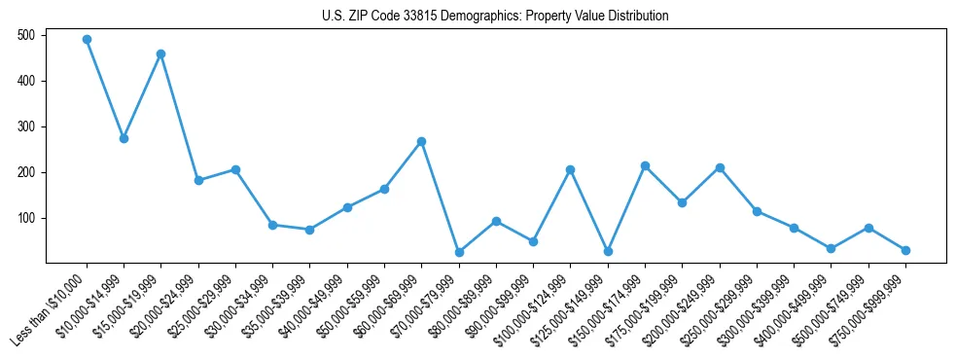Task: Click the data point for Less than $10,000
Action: (87, 40)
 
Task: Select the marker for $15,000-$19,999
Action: (160, 54)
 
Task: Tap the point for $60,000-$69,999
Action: (421, 141)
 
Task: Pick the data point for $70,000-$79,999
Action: (459, 252)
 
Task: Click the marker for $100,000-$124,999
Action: (570, 169)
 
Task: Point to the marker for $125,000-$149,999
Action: (608, 251)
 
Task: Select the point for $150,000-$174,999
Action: (645, 165)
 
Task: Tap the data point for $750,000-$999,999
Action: (905, 250)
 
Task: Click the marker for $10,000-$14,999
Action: (124, 138)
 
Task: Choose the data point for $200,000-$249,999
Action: (720, 167)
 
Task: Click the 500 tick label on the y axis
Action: (27, 35)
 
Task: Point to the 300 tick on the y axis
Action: (27, 126)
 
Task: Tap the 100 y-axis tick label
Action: (27, 218)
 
